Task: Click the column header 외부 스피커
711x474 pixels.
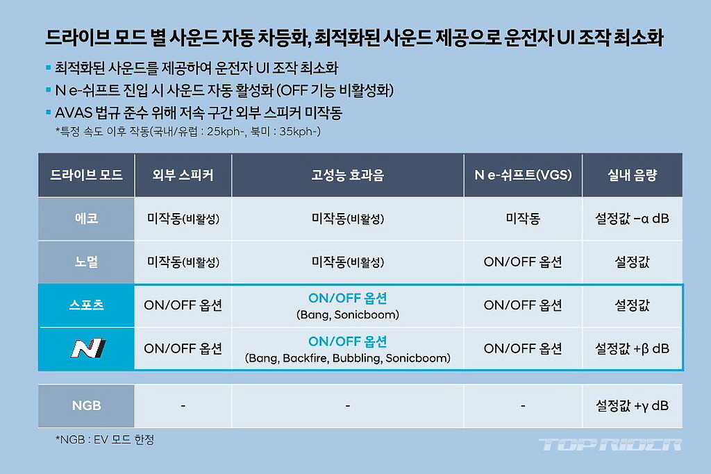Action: tap(183, 175)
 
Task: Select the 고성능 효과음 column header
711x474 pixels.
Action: tap(347, 175)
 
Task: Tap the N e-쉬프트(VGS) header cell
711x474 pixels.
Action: tap(523, 175)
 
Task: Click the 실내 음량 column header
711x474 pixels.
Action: tap(632, 175)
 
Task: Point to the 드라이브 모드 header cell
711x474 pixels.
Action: tap(86, 175)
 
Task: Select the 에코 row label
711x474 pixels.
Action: tap(86, 219)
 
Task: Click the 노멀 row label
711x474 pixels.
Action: tap(86, 262)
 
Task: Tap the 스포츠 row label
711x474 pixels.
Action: tap(86, 305)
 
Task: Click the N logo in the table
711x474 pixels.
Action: tap(88, 348)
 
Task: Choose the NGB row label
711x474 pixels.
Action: tap(86, 405)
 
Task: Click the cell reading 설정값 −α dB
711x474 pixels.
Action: tap(632, 219)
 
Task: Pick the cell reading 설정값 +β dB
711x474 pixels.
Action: tap(632, 348)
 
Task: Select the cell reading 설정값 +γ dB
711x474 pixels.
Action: tap(632, 405)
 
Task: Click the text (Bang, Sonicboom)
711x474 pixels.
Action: tap(348, 314)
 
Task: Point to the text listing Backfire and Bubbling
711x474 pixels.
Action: tap(348, 358)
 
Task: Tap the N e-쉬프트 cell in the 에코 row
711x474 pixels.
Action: tap(523, 219)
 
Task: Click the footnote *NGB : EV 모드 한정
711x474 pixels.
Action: tap(105, 439)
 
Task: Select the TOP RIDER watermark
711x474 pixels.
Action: tap(610, 445)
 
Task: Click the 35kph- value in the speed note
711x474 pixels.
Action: tap(300, 131)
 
